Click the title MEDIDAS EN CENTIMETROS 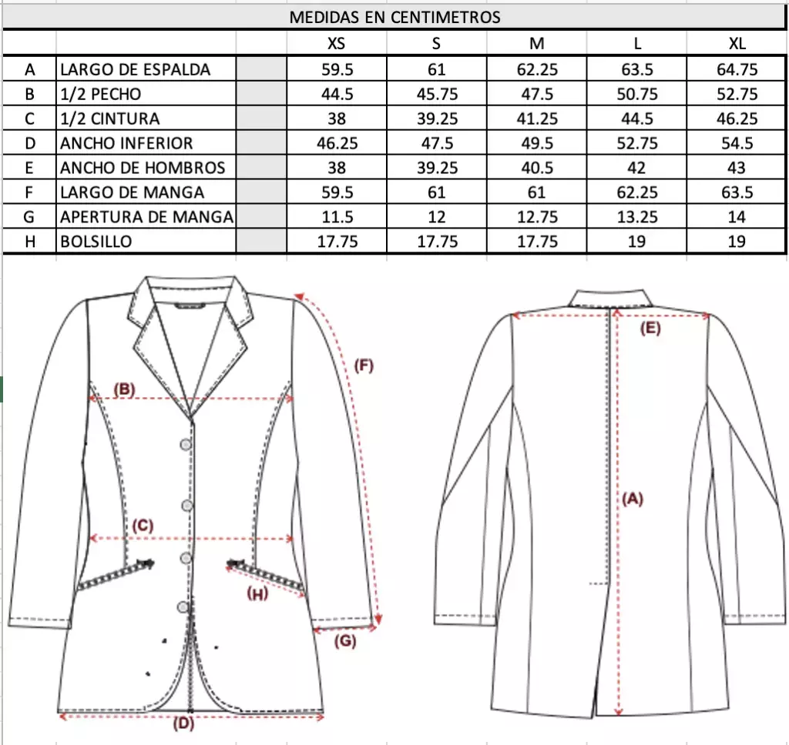tap(394, 17)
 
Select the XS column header tap(336, 43)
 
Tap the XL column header tap(737, 43)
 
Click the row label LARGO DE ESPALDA tap(135, 69)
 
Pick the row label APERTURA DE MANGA tap(146, 217)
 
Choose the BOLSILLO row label tap(96, 242)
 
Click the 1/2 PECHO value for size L tap(637, 94)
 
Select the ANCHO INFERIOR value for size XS tap(337, 143)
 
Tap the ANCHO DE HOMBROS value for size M tap(537, 168)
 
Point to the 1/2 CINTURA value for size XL tap(737, 119)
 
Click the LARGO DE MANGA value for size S tap(436, 192)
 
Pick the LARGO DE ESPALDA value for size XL tap(737, 69)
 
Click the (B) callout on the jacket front tap(124, 389)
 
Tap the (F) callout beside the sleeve tap(364, 365)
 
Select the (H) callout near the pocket tap(257, 594)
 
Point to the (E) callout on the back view tap(650, 329)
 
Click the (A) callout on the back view tap(633, 499)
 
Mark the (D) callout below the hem tap(183, 723)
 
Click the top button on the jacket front tap(186, 444)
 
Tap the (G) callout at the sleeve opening tap(345, 641)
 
